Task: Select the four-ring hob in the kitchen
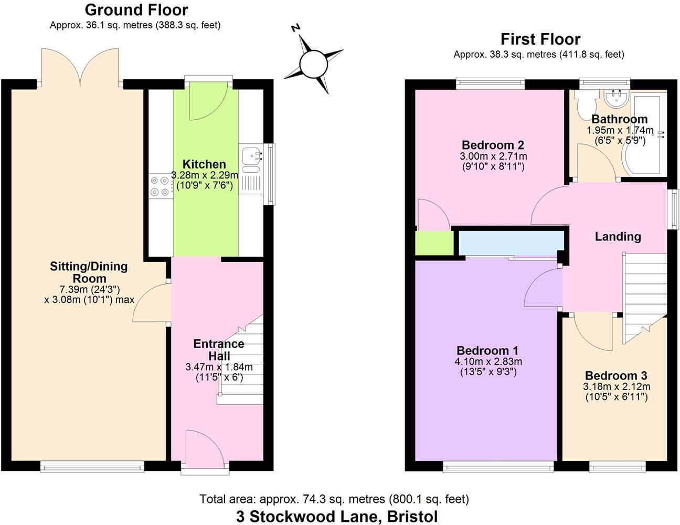coord(161,186)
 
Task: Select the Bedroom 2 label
coord(493,145)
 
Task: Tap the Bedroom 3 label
coord(616,376)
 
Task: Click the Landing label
coord(618,237)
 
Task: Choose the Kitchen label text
coord(204,164)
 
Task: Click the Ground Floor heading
coord(136,10)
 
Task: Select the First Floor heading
coord(540,39)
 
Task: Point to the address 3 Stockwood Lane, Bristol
coord(336,516)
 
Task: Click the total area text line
coord(334,499)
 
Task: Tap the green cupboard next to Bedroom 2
coord(434,243)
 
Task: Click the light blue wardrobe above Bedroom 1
coord(510,242)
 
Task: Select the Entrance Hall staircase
coord(241,362)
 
